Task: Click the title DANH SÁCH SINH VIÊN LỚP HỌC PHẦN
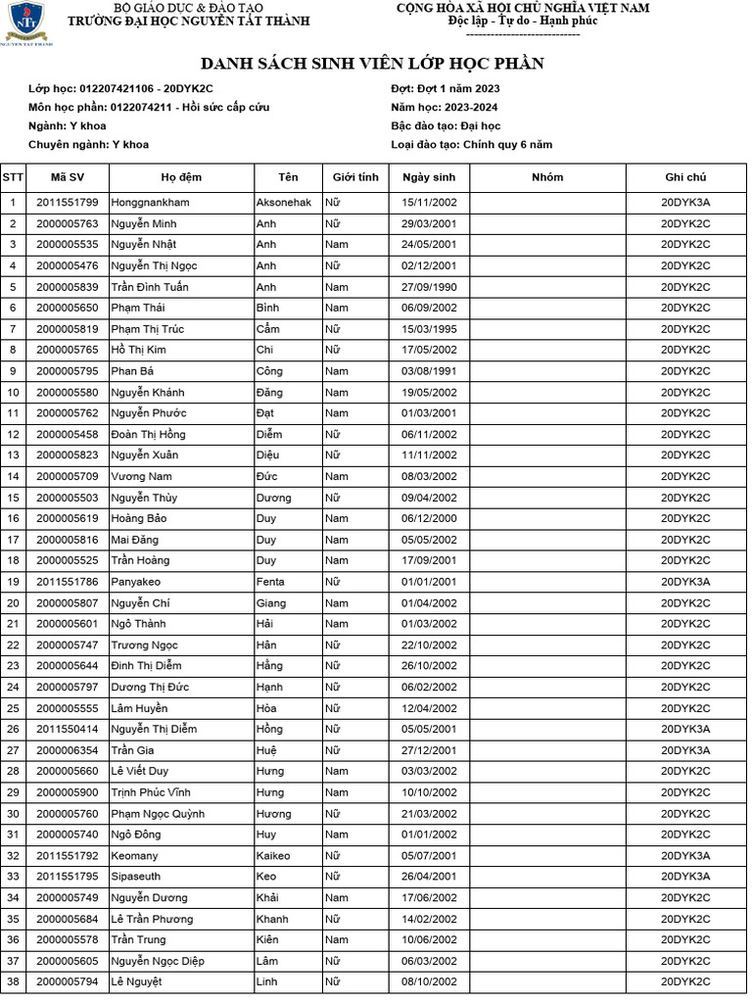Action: tap(372, 64)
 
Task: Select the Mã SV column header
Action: tap(68, 177)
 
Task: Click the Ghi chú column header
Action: tap(685, 177)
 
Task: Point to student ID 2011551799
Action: tap(68, 203)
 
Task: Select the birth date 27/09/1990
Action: tap(429, 287)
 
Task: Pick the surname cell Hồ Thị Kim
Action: tap(139, 350)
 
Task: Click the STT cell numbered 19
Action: tap(13, 582)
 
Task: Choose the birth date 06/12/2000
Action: tap(429, 518)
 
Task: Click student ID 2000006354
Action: tap(68, 750)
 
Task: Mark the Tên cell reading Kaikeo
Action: tap(273, 855)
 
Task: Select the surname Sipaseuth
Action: tap(136, 877)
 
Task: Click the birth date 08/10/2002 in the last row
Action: tap(429, 981)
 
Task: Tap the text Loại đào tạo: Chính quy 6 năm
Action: tap(471, 144)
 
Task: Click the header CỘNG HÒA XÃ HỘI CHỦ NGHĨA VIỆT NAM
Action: tap(522, 8)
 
